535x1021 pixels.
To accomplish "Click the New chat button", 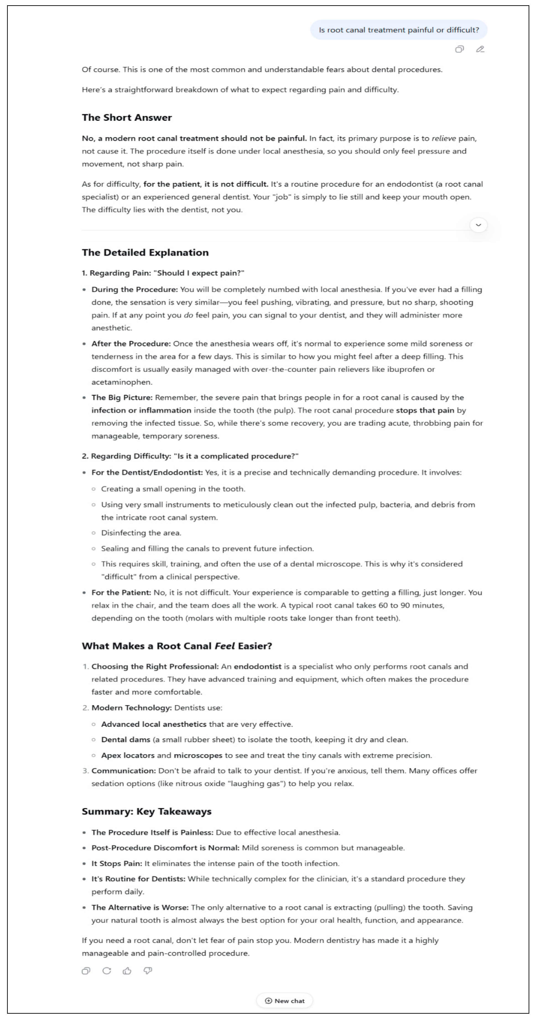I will click(x=285, y=1000).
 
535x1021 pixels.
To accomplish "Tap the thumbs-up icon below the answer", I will click(x=127, y=970).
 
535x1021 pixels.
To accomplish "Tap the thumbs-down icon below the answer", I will click(x=148, y=970).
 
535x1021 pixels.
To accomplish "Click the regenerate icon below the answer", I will click(x=106, y=970).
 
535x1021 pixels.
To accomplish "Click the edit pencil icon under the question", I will click(x=480, y=49).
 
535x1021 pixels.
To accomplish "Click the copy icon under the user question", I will click(x=459, y=49).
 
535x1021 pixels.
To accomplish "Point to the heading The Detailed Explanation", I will click(x=145, y=252).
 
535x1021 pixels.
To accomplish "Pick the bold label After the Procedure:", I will click(x=131, y=343).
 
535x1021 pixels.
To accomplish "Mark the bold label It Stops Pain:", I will click(x=117, y=863).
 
